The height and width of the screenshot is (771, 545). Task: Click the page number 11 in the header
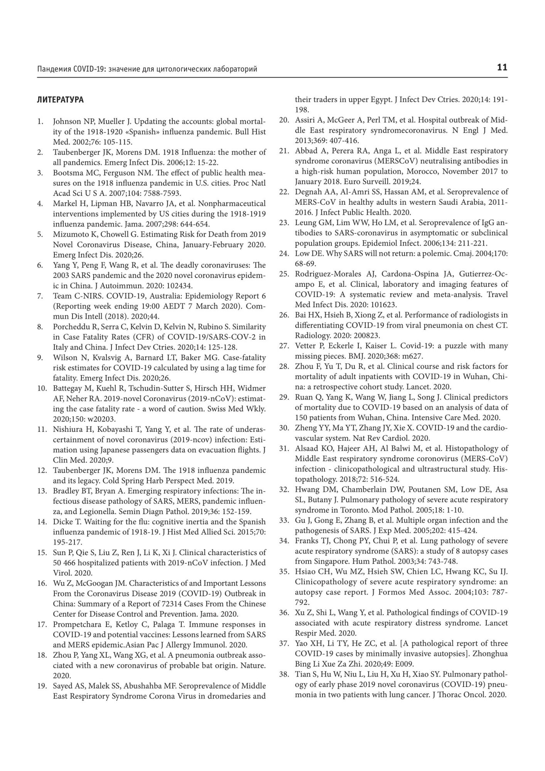pyautogui.click(x=502, y=68)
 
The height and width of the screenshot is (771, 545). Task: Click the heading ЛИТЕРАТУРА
pyautogui.click(x=60, y=100)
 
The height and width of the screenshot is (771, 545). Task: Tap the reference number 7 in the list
pyautogui.click(x=40, y=296)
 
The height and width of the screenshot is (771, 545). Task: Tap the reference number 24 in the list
pyautogui.click(x=284, y=253)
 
